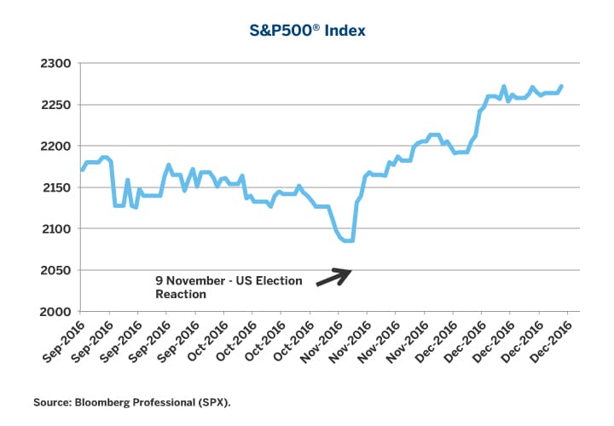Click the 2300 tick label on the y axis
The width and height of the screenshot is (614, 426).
55,64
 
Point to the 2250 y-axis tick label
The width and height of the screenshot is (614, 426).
55,105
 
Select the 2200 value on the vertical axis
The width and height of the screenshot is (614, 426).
55,147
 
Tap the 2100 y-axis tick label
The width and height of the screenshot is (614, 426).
55,229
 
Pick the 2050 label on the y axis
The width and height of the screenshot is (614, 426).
55,270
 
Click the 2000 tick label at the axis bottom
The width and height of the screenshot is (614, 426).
55,312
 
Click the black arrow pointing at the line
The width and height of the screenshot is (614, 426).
333,277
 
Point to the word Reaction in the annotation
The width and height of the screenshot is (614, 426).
182,294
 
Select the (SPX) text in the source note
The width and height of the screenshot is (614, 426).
214,400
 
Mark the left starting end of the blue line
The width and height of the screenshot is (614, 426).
82,170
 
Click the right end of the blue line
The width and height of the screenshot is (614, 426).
561,86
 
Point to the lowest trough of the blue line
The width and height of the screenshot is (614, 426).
348,241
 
